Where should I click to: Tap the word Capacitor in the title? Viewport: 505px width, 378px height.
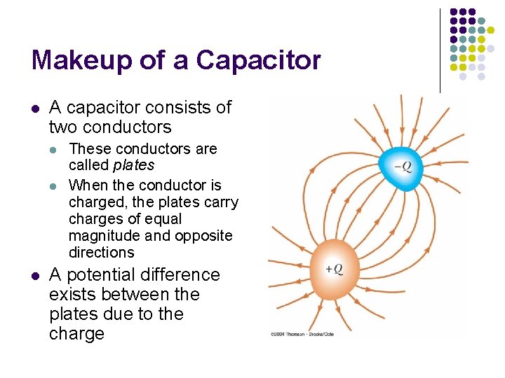[x=258, y=61]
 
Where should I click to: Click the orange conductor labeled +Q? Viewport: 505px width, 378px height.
[x=335, y=269]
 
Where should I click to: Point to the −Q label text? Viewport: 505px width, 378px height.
[x=403, y=166]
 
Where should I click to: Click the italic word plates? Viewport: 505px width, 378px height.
[x=133, y=166]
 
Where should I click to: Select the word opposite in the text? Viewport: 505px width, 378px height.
[x=208, y=236]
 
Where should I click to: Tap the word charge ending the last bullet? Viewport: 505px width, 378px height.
[x=76, y=334]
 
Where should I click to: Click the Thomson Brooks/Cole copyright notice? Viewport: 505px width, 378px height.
[x=302, y=335]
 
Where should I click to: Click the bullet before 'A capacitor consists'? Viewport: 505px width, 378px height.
[x=34, y=108]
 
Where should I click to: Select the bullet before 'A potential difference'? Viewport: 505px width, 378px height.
[x=34, y=275]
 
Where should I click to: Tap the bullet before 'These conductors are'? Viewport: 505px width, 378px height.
[x=55, y=149]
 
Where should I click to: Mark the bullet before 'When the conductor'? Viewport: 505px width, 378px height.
[x=55, y=185]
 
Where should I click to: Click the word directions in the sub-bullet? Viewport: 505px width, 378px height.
[x=102, y=253]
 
